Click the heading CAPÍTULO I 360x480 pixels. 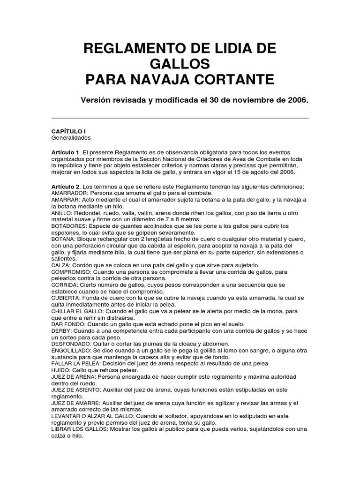click(x=68, y=132)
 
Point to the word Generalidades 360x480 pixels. click(x=71, y=138)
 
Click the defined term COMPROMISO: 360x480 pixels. click(x=72, y=272)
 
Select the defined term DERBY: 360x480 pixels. click(x=61, y=330)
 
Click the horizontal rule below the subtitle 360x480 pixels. click(x=180, y=118)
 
